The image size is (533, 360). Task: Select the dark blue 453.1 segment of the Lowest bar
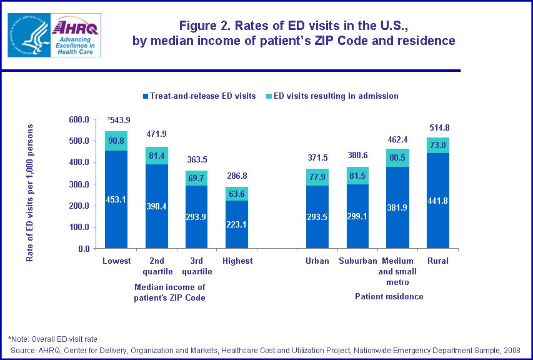point(116,200)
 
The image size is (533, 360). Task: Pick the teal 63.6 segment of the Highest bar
point(237,194)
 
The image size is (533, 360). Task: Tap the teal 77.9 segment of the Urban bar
point(317,177)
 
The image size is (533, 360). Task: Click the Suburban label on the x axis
point(357,261)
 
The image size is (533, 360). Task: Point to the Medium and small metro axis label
point(398,271)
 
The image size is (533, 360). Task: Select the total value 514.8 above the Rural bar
point(439,127)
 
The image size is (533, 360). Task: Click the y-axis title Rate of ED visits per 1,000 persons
point(29,192)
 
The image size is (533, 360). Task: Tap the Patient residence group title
point(389,296)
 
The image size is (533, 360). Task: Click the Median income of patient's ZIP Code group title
point(170,292)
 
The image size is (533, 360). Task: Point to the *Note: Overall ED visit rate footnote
point(52,339)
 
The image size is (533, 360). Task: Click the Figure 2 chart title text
point(294,33)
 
